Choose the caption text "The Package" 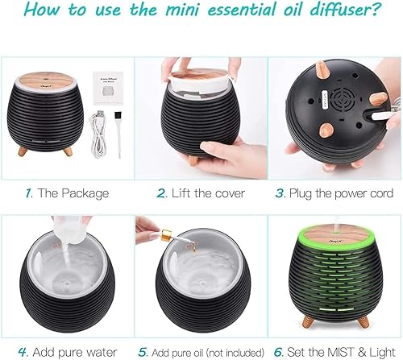(x=74, y=193)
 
